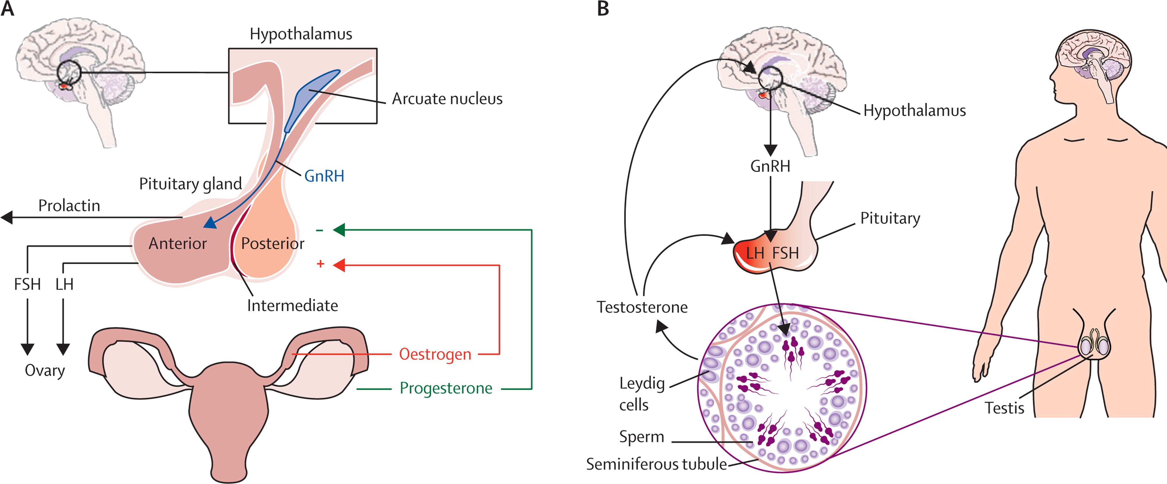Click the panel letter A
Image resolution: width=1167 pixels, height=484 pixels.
tap(8, 9)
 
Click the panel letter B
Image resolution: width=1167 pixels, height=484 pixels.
tap(603, 9)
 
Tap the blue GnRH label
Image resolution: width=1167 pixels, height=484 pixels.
tap(324, 176)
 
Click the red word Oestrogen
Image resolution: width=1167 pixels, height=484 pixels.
tap(435, 354)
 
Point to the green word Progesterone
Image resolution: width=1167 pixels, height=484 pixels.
tap(446, 388)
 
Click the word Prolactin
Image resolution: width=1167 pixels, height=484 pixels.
tap(69, 206)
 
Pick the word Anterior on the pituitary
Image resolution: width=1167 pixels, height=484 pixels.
tap(178, 244)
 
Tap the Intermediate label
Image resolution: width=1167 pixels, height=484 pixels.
tap(292, 306)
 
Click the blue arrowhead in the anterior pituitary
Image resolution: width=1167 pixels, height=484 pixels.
tap(209, 223)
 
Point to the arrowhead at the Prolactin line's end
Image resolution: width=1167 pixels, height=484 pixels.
tap(7, 218)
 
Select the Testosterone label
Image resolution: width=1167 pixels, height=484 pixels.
tap(642, 307)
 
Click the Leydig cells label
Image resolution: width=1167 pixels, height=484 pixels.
tap(642, 394)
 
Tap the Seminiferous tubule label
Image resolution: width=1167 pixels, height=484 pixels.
tap(657, 464)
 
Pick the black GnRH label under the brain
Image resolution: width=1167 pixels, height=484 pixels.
tap(770, 166)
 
